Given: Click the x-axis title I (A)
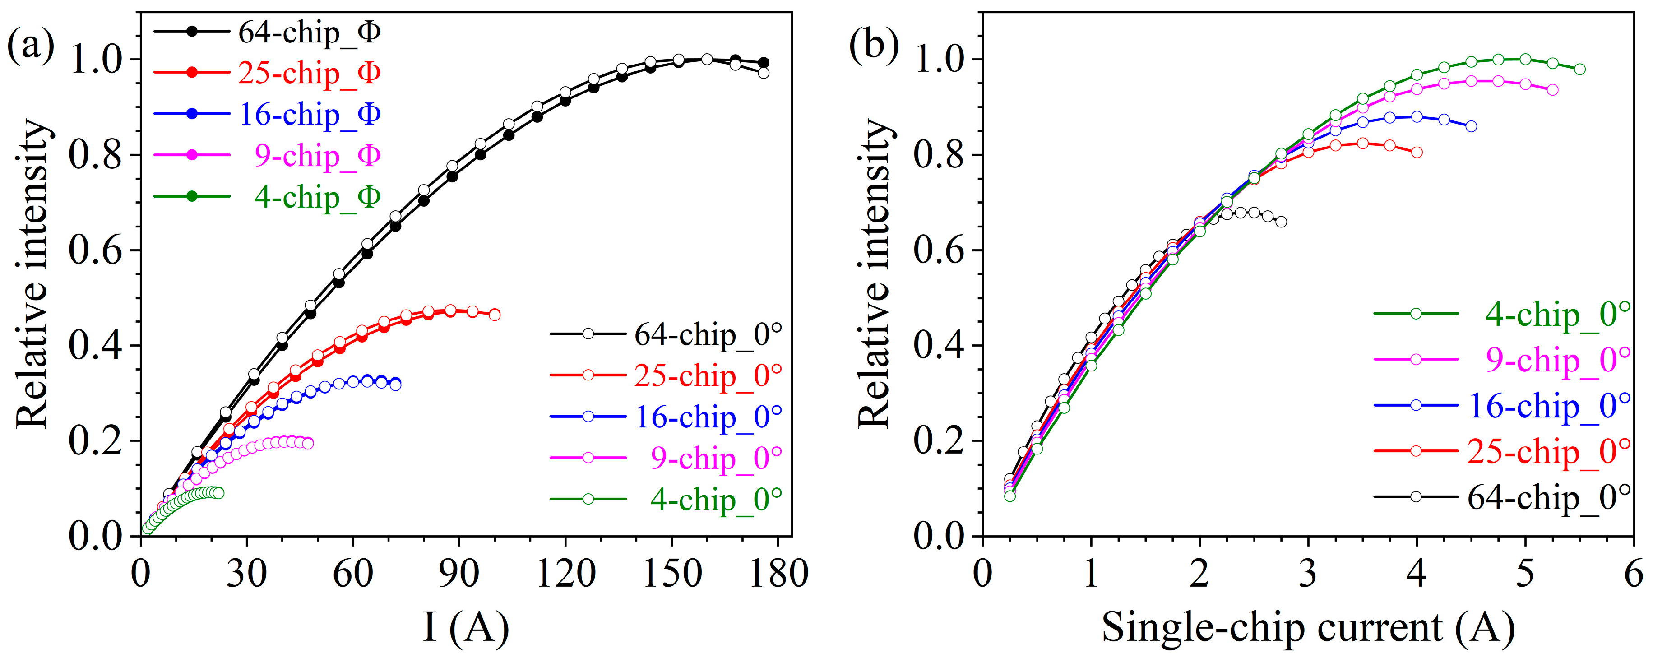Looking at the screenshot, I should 467,627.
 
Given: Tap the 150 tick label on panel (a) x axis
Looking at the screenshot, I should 672,573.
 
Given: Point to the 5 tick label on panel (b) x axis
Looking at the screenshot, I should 1525,573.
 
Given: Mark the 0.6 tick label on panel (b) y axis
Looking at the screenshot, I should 938,250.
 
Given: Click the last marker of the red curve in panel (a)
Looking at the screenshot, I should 495,315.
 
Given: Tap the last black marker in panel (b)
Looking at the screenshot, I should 1281,222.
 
